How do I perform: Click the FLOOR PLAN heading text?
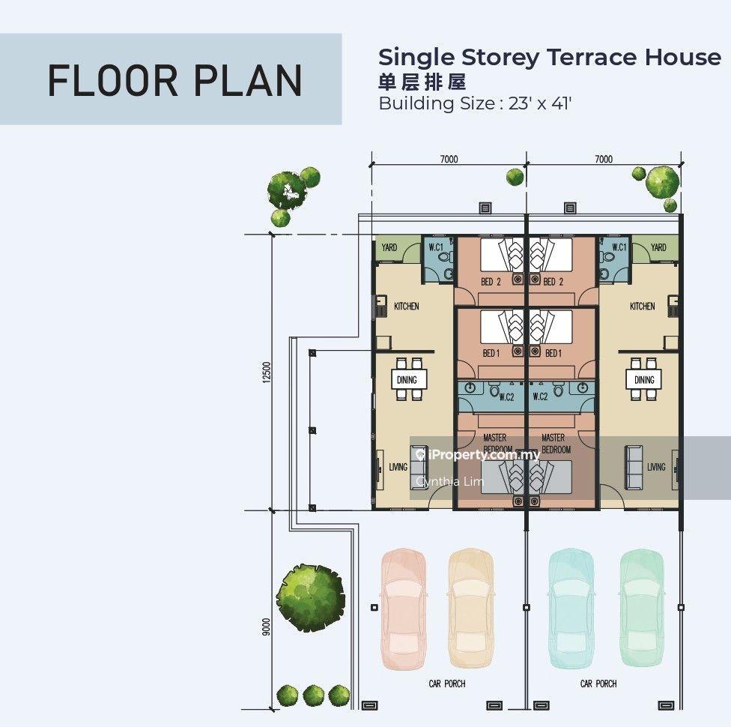(175, 80)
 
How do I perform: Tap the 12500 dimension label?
(267, 372)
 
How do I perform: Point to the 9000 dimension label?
(266, 627)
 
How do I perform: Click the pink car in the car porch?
(404, 609)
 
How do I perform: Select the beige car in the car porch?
(470, 609)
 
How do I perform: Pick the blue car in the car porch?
(571, 609)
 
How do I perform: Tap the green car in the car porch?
(642, 609)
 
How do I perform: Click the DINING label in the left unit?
(407, 380)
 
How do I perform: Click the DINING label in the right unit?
(644, 380)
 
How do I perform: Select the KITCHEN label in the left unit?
(407, 306)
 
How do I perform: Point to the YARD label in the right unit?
(658, 247)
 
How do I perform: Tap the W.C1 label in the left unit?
(436, 247)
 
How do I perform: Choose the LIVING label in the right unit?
(656, 467)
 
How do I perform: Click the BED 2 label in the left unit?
(491, 281)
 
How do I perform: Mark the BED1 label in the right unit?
(553, 353)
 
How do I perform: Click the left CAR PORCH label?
(447, 684)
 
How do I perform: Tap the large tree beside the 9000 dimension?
(310, 598)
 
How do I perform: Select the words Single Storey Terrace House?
(550, 58)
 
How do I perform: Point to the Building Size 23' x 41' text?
(475, 103)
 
